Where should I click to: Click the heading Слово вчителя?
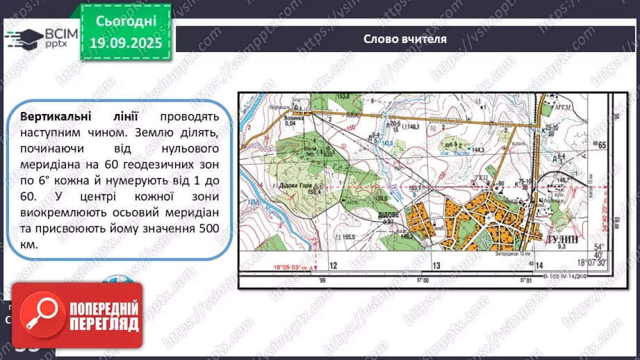(405, 39)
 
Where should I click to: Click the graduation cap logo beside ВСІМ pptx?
(22, 38)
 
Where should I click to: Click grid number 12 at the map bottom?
(333, 265)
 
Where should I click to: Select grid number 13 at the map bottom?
(436, 265)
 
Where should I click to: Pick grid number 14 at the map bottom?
(539, 265)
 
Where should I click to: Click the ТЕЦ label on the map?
(479, 177)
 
